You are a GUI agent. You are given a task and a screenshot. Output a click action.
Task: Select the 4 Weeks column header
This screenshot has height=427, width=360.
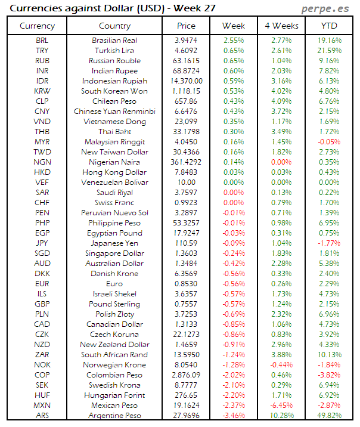[281, 26]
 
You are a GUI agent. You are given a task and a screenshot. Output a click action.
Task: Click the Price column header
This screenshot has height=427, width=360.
[186, 26]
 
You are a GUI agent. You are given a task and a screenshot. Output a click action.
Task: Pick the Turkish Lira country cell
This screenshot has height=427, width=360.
[114, 51]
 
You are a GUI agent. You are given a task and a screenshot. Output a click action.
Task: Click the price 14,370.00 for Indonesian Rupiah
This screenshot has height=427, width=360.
[186, 81]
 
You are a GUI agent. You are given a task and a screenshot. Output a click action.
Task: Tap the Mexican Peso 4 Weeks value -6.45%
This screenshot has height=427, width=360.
[281, 405]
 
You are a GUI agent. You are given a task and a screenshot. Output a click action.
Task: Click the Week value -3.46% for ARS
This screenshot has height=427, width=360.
[234, 415]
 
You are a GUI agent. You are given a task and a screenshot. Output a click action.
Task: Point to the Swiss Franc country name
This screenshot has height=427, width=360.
[114, 203]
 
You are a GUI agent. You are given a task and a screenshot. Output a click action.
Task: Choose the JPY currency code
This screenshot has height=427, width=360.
[42, 243]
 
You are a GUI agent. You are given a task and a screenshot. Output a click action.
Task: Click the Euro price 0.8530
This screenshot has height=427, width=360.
[186, 284]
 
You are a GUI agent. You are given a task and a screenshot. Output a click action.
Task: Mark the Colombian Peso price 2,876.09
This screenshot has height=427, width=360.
[186, 375]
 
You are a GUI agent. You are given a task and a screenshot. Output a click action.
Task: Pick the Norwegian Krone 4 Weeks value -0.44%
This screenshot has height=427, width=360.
[281, 365]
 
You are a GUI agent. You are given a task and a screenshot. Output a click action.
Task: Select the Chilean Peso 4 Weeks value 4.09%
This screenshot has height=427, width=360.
[281, 101]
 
